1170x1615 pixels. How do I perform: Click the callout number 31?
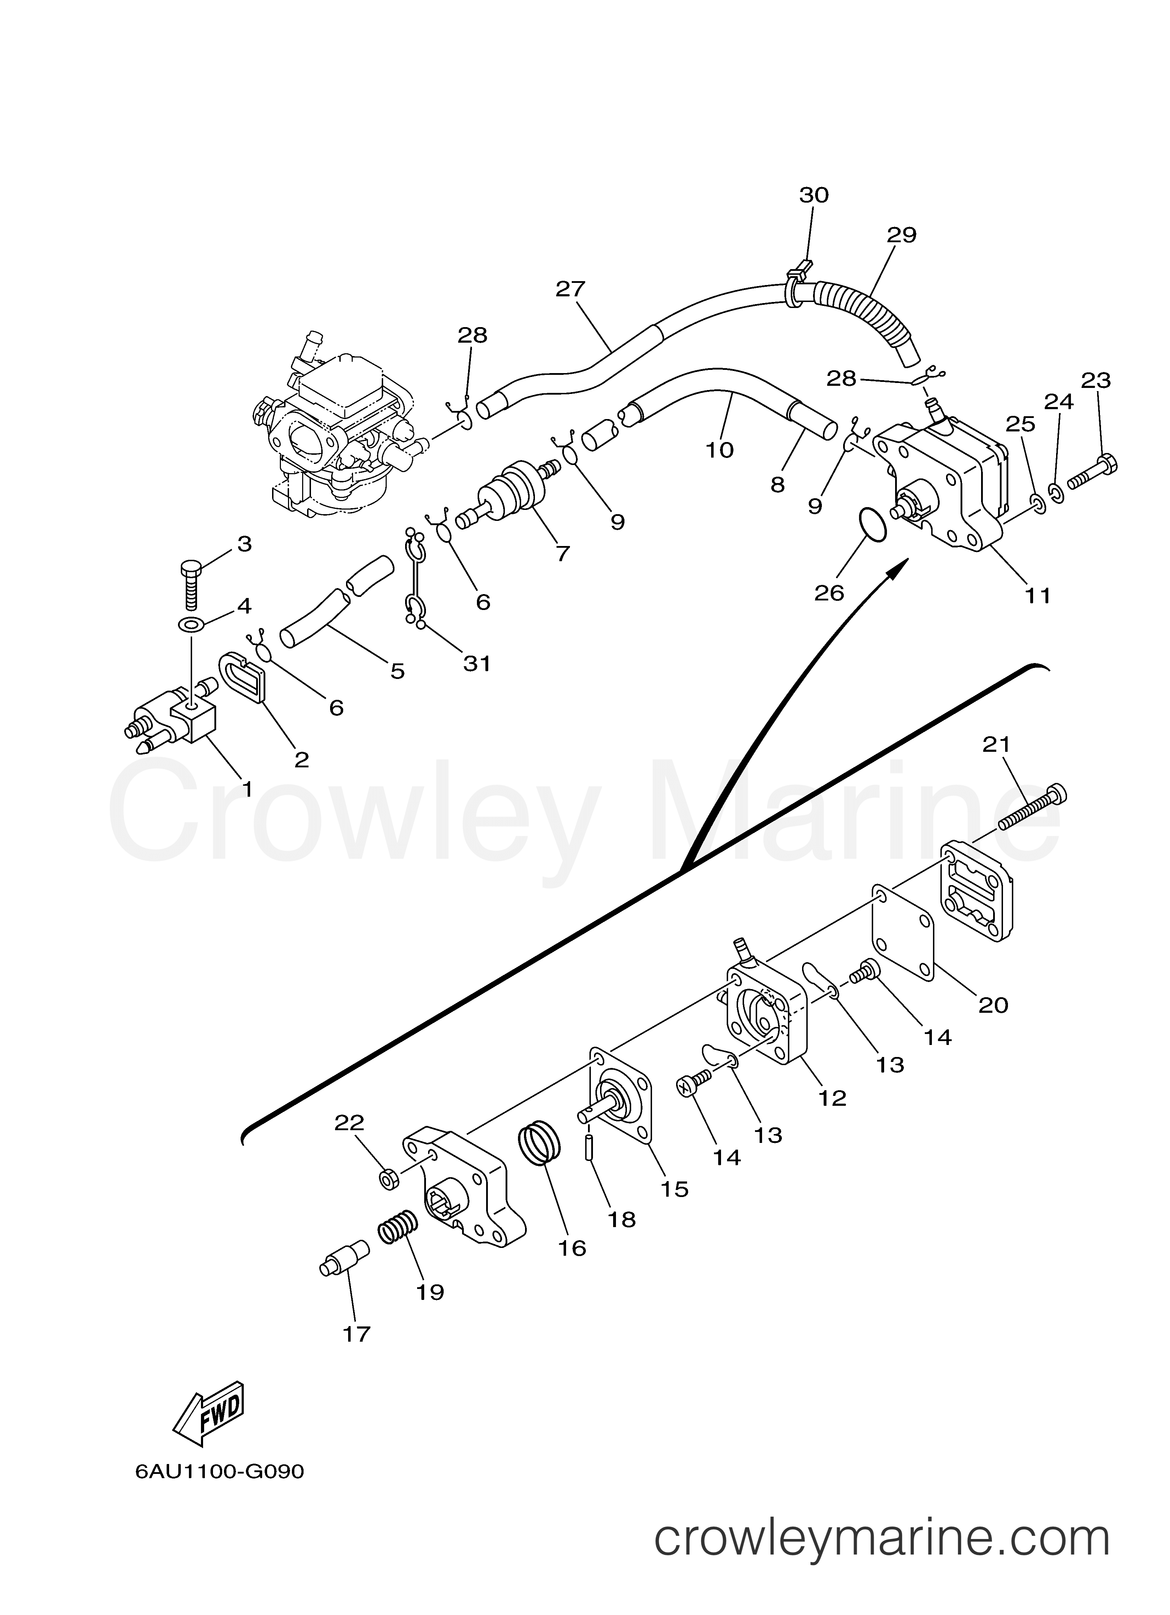[x=477, y=664]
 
